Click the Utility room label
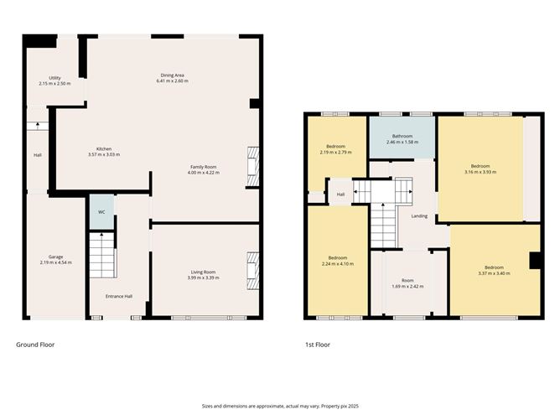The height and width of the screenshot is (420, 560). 54,78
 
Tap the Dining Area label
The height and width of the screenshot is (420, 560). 174,75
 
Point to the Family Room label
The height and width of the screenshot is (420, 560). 203,167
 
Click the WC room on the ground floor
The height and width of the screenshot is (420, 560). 101,212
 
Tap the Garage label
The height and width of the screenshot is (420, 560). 55,257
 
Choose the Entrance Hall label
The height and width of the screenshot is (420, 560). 118,296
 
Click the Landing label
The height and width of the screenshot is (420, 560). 419,215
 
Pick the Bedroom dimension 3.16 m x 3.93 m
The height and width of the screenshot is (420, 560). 480,172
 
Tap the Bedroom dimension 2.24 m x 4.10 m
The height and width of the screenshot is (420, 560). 337,263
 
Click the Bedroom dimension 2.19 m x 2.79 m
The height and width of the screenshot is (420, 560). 335,153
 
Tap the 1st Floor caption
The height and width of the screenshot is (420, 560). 318,345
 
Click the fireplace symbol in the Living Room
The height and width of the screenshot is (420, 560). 252,270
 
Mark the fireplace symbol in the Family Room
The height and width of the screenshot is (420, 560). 252,164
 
